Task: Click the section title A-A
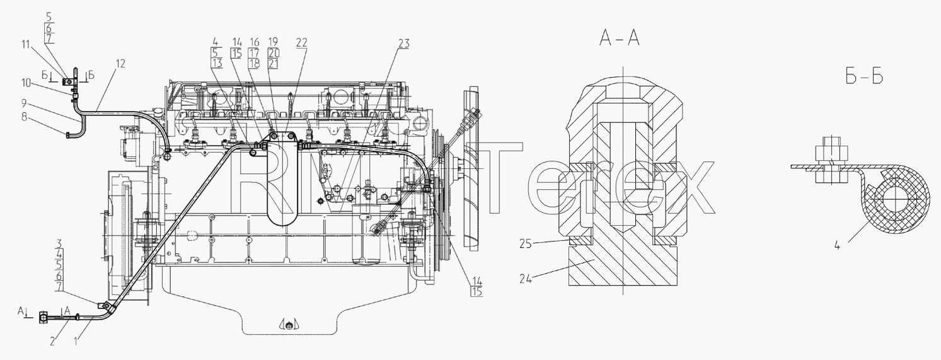click(619, 39)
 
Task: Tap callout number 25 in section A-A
click(526, 243)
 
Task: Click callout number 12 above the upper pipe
click(120, 64)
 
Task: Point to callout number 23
click(404, 44)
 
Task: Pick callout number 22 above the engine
click(302, 42)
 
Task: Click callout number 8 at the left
click(24, 117)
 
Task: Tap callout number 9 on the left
click(24, 102)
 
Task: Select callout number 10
click(26, 83)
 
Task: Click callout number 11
click(26, 44)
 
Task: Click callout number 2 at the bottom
click(52, 353)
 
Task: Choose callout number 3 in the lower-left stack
click(59, 243)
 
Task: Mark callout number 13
click(217, 63)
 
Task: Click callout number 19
click(273, 42)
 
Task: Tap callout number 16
click(254, 42)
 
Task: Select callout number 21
click(273, 63)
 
